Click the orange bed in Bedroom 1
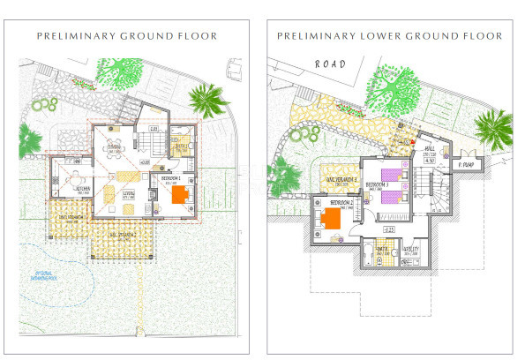tap(180, 195)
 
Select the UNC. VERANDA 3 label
tap(336, 181)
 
